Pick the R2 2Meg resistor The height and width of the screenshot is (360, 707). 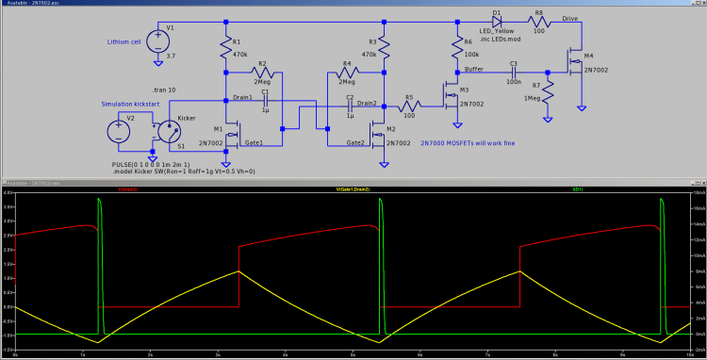[263, 73]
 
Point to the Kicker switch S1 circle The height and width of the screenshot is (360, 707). [170, 131]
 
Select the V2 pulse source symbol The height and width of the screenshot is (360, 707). [119, 131]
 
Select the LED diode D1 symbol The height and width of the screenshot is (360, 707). [497, 20]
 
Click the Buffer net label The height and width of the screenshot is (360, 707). [474, 69]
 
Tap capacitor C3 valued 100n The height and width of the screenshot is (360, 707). [514, 72]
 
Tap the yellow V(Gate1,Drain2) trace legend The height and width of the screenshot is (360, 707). [354, 189]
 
